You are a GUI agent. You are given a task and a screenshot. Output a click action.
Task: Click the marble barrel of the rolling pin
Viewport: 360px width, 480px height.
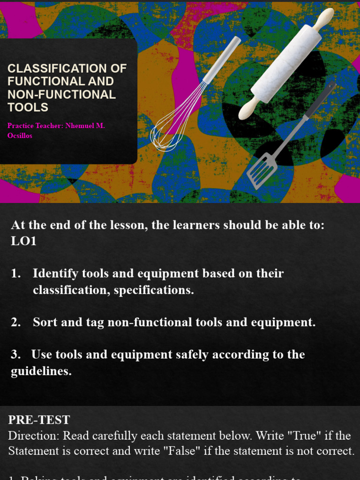pyautogui.click(x=286, y=63)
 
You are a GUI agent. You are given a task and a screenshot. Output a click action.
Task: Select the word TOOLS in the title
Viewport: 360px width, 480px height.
pyautogui.click(x=28, y=107)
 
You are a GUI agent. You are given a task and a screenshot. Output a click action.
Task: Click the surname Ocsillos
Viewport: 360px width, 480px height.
pyautogui.click(x=20, y=135)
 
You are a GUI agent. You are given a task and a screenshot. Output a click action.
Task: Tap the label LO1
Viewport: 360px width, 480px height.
pyautogui.click(x=24, y=241)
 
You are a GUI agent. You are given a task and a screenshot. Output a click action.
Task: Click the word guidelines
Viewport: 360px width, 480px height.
pyautogui.click(x=41, y=372)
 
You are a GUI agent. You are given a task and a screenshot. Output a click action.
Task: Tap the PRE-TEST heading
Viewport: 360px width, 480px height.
pyautogui.click(x=39, y=420)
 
